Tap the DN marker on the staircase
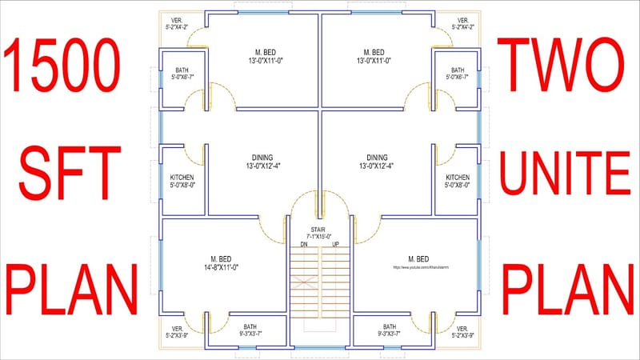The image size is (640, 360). click(x=304, y=243)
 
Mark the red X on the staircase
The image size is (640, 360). click(x=305, y=282)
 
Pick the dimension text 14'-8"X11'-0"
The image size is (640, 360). click(x=220, y=266)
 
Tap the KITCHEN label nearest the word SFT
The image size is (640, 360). click(x=182, y=177)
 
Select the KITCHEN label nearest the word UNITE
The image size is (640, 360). click(x=458, y=177)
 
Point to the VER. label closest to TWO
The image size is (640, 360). click(x=463, y=20)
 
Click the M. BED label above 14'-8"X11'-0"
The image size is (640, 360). click(x=220, y=258)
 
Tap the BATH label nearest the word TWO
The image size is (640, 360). click(x=458, y=70)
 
